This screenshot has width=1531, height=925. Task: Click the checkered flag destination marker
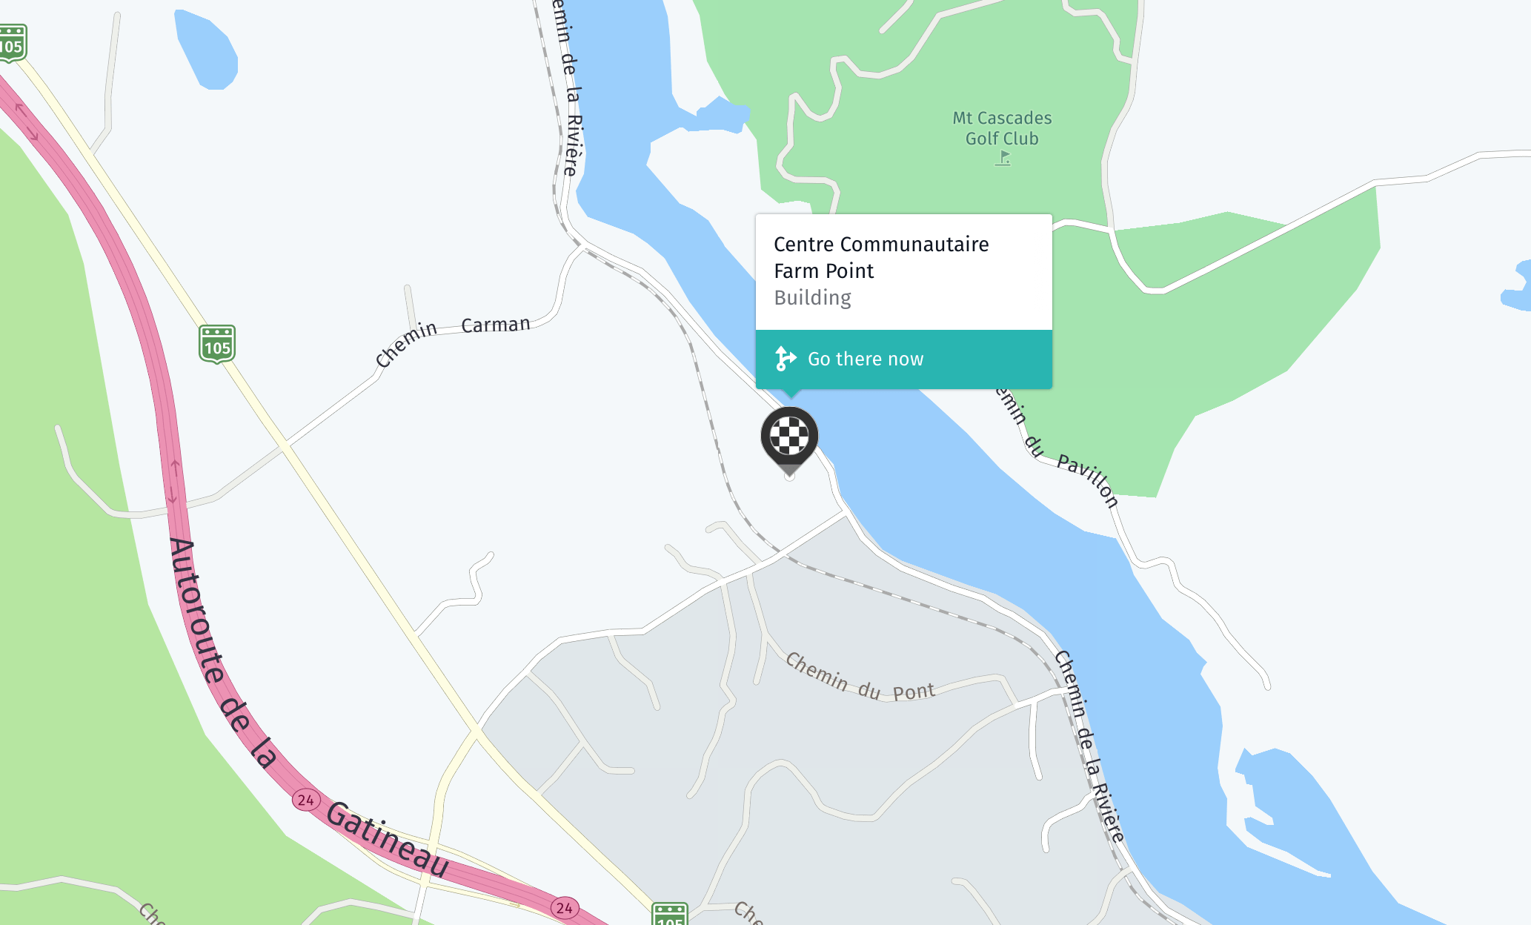789,437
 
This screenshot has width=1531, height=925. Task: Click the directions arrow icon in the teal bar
784,359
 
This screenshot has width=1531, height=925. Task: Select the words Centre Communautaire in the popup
881,245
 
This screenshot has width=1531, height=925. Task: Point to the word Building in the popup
812,298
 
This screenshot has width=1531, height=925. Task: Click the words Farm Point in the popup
823,271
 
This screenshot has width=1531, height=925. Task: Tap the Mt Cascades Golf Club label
1002,128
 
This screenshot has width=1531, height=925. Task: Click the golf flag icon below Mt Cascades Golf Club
1003,158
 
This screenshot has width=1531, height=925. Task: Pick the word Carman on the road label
496,325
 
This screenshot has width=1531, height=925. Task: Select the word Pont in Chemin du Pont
913,692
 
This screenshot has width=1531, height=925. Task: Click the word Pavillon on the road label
1088,480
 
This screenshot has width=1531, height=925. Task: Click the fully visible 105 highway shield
217,345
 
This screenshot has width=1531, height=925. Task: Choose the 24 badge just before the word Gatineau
305,800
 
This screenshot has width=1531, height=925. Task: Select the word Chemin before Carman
405,343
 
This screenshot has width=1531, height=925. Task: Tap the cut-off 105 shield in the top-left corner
12,43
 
